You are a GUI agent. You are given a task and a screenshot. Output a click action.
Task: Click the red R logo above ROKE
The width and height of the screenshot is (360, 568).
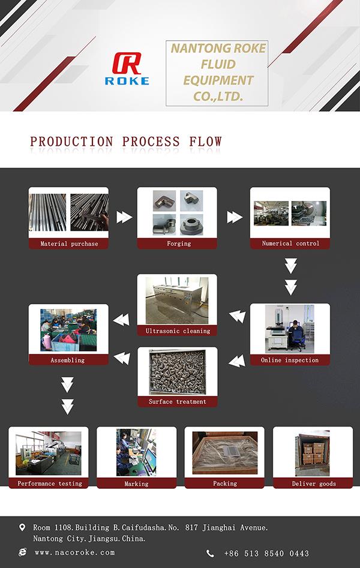pyautogui.click(x=127, y=64)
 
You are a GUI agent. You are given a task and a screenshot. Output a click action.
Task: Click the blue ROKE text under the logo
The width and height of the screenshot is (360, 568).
pyautogui.click(x=127, y=81)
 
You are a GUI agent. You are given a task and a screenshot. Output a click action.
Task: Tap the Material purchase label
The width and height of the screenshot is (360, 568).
pyautogui.click(x=69, y=244)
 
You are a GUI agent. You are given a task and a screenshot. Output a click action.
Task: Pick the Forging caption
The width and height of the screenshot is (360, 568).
pyautogui.click(x=179, y=244)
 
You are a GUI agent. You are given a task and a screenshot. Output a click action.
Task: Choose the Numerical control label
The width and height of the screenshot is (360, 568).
pyautogui.click(x=290, y=244)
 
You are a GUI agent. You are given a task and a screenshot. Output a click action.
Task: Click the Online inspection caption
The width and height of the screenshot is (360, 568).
pyautogui.click(x=290, y=360)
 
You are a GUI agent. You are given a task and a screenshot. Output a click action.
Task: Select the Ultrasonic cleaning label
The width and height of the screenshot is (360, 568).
pyautogui.click(x=178, y=331)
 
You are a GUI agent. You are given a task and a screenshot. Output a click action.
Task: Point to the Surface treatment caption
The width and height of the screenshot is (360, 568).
pyautogui.click(x=178, y=402)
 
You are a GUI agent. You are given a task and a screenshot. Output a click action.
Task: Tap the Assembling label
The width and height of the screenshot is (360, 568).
pyautogui.click(x=68, y=360)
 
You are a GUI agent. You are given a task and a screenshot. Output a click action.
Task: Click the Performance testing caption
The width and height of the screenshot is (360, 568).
pyautogui.click(x=49, y=483)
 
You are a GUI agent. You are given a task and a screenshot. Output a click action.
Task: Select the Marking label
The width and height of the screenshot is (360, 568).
pyautogui.click(x=136, y=483)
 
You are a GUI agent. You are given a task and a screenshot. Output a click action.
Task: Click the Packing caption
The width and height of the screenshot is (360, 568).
pyautogui.click(x=225, y=483)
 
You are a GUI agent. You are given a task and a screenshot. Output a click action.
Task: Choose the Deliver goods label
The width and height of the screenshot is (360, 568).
pyautogui.click(x=314, y=483)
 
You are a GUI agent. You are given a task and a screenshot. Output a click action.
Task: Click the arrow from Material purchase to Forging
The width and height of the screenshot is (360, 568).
pyautogui.click(x=124, y=217)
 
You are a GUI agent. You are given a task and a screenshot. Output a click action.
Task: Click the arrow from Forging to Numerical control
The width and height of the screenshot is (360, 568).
pyautogui.click(x=235, y=217)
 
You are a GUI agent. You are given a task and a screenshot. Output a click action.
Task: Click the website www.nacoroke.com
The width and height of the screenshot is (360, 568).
pyautogui.click(x=74, y=552)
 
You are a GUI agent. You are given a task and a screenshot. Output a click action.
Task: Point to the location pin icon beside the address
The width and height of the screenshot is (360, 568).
pyautogui.click(x=23, y=528)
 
